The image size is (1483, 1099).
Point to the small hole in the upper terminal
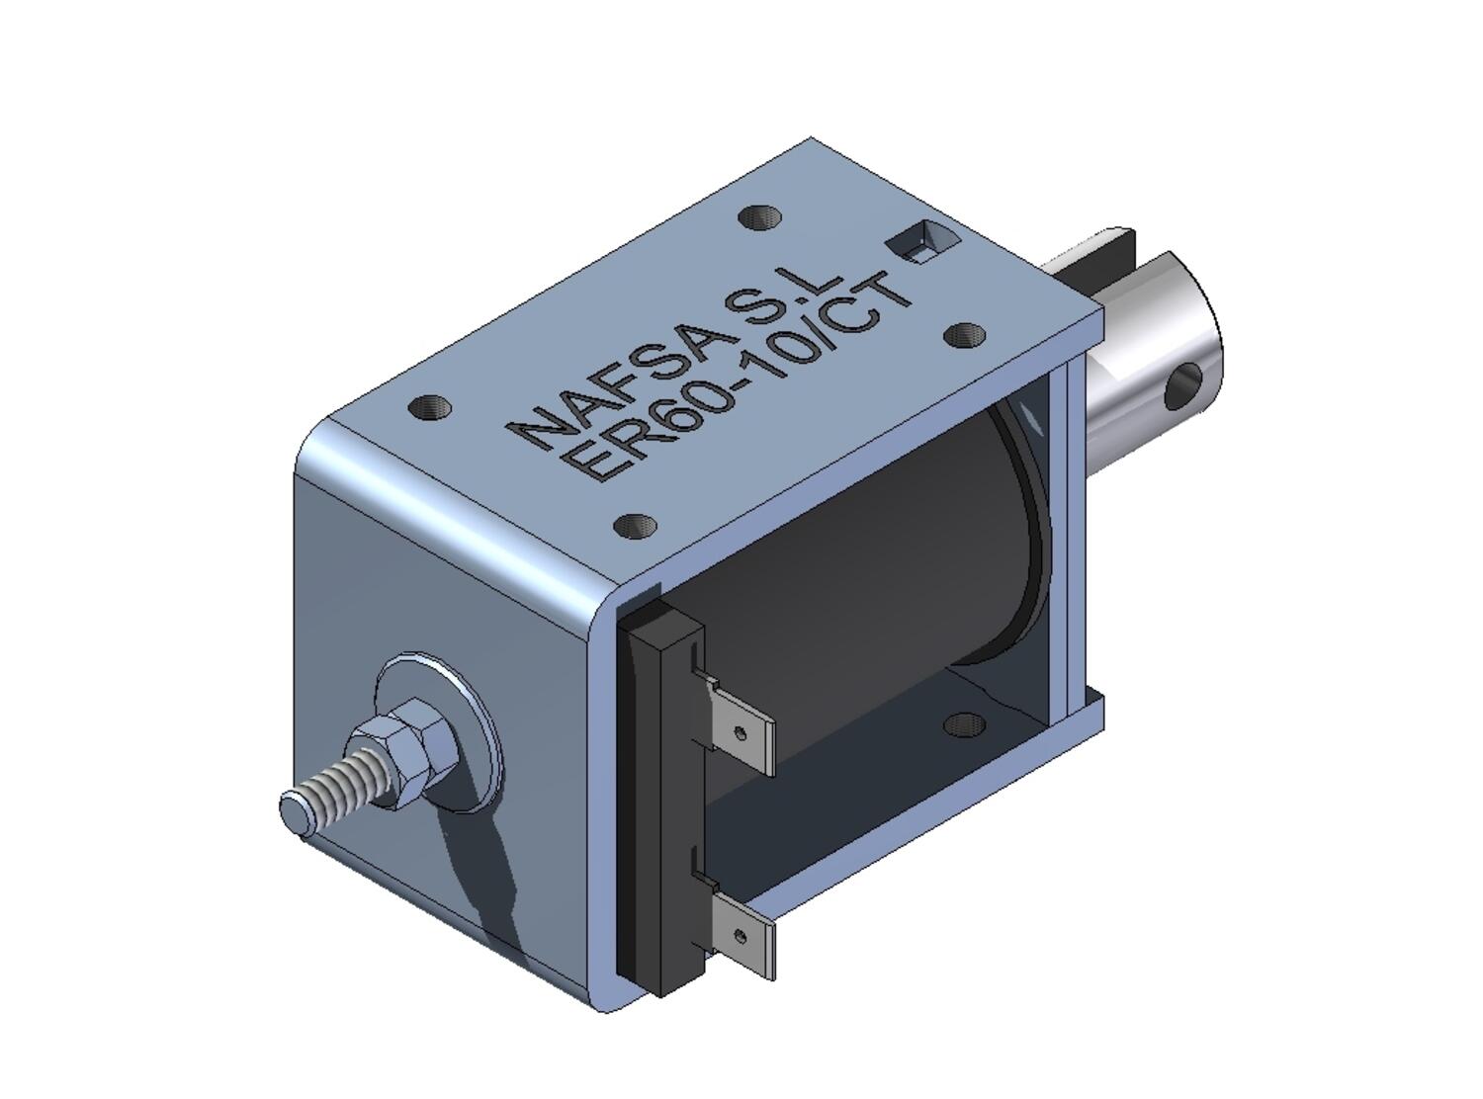coord(740,732)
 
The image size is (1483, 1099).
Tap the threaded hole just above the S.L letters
coord(759,217)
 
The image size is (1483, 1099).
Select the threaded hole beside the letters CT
coord(964,335)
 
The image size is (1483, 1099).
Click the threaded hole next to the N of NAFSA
coord(430,406)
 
